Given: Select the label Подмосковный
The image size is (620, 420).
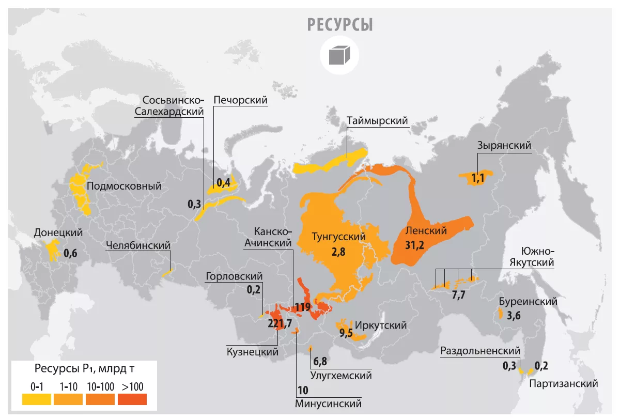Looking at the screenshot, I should coord(124,186).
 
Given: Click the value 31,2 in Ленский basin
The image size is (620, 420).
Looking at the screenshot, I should coord(415,245).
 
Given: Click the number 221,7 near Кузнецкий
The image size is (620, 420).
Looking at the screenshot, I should coord(281,323).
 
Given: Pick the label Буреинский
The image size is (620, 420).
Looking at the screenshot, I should coord(528,301).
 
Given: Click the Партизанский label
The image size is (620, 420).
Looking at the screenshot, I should coord(563,383).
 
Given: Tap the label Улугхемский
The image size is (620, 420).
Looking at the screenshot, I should coord(341,376).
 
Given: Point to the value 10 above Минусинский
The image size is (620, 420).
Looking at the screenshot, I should coord(302,390).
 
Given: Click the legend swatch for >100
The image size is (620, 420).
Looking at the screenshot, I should coord(132,399).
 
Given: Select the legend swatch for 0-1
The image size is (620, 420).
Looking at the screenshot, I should coord(37,399).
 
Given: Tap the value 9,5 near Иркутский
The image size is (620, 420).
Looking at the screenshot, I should coord(346,333).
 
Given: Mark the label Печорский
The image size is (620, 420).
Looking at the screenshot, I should coord(240,100).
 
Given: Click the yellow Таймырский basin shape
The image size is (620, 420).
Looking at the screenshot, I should coord(331,160).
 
